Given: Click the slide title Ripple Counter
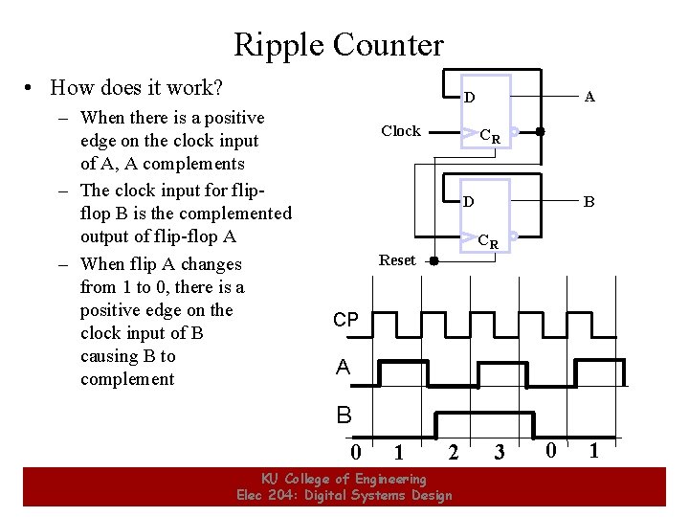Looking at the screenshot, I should pos(339,44).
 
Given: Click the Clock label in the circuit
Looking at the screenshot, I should pos(400,131).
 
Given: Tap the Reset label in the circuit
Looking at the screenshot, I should pos(397,260).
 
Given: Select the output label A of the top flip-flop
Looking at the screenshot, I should pos(590,96).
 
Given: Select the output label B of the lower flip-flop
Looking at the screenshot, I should pos(590,202).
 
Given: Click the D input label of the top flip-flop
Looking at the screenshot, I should pos(469,97).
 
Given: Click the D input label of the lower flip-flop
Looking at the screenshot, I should pos(469,202).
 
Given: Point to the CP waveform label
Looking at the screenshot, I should pos(345,320).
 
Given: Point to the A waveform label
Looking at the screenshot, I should pos(343,368).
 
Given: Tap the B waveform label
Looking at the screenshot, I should pos(344,416).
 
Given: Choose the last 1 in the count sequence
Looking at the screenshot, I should pos(593,450).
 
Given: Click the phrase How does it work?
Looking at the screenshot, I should pos(137,88).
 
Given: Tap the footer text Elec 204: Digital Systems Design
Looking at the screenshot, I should pos(344,495).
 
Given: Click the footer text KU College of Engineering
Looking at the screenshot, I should pos(344,479).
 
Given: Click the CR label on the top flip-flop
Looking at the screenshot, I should pos(490,136).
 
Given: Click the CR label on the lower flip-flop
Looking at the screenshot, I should pos(488,241).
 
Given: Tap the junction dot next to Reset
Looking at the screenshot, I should pos(433,260).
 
